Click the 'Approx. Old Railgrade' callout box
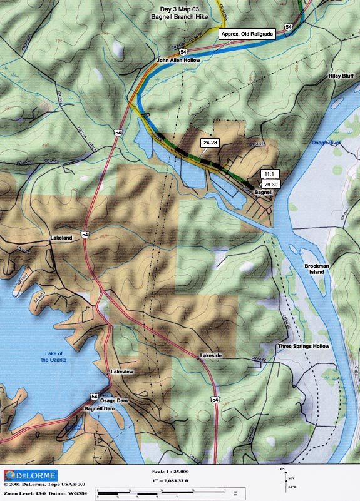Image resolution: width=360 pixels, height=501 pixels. click(x=248, y=34)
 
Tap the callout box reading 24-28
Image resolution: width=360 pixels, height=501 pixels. click(x=210, y=143)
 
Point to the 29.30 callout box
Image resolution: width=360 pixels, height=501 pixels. click(x=270, y=185)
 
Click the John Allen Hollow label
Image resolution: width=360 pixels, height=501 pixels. click(x=177, y=60)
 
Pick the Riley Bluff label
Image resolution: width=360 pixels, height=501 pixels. click(x=341, y=76)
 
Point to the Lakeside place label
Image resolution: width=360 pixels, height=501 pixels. click(x=211, y=356)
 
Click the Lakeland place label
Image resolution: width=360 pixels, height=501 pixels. click(x=62, y=238)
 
